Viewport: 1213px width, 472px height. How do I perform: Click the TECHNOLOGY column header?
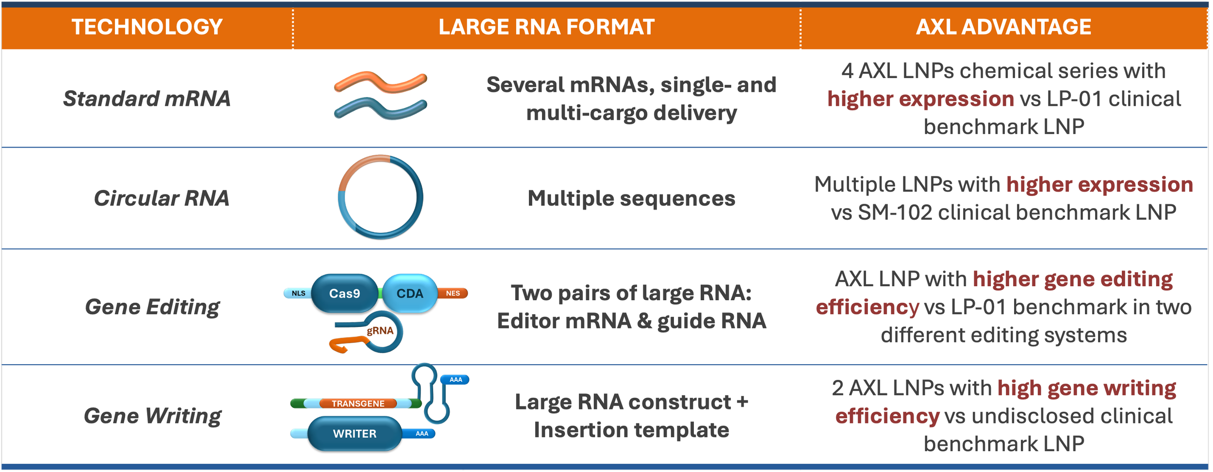pos(147,27)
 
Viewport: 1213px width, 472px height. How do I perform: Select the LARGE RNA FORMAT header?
pos(546,27)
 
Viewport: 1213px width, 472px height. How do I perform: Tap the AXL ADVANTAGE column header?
pos(1003,27)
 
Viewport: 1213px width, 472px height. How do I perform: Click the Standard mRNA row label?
pos(147,98)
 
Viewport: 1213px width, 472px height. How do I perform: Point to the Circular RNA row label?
pos(161,198)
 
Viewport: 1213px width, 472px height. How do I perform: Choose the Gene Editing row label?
pos(152,307)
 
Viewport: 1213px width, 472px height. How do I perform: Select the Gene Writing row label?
pos(152,416)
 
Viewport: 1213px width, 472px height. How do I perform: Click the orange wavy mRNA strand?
pos(380,82)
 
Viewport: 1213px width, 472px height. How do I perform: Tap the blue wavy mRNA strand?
pos(380,108)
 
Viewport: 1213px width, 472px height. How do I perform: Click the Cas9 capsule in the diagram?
pos(344,293)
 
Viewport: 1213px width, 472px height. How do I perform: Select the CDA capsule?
pos(410,293)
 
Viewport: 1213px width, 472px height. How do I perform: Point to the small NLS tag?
pos(298,293)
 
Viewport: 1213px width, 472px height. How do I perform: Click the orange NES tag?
pos(453,293)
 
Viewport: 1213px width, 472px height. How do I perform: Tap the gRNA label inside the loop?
pos(380,331)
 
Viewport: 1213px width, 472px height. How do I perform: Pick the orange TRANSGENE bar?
pos(358,404)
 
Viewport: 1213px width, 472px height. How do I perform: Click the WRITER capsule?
pos(355,434)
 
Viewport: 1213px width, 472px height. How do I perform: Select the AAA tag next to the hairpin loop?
pos(456,379)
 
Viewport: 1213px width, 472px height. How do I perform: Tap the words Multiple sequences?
pos(631,198)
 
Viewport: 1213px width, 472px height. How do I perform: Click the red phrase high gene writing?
pos(1086,388)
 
